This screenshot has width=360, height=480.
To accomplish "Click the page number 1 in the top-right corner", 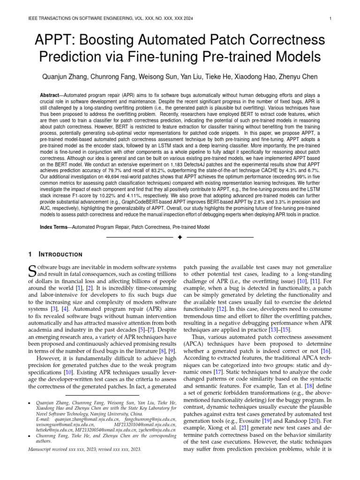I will tap(331, 19).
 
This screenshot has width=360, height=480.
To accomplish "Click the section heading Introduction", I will tap(63, 255).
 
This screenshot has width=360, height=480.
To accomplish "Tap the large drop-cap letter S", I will tap(32, 270).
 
